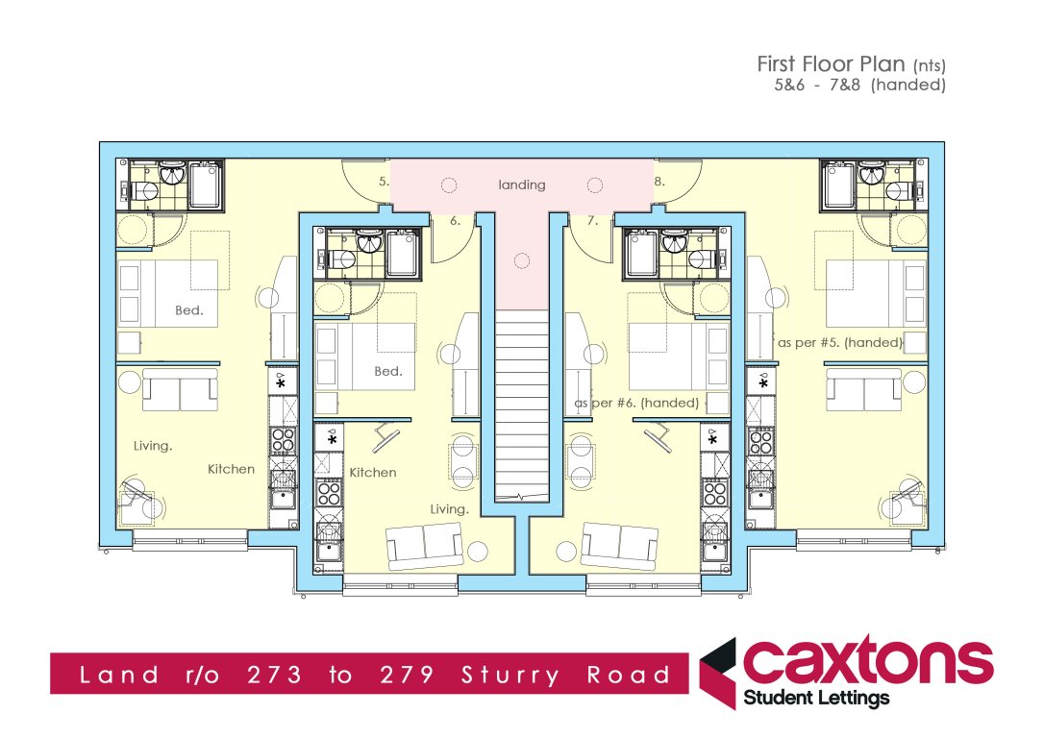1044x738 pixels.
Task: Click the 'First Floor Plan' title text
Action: [x=831, y=64]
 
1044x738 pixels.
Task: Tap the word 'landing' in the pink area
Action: [x=522, y=184]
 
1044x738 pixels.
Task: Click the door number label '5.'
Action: [x=384, y=181]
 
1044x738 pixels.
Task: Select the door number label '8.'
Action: [x=659, y=181]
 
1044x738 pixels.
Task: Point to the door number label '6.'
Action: [x=456, y=220]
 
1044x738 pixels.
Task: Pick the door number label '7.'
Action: [x=592, y=220]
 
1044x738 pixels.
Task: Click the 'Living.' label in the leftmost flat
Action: [x=153, y=445]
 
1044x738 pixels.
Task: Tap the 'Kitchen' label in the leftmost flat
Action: [x=232, y=469]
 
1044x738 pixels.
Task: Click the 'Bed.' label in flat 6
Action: [x=388, y=371]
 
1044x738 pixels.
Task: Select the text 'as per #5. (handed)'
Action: [x=839, y=342]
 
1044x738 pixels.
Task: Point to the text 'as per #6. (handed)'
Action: [x=636, y=403]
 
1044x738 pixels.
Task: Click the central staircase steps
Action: [x=522, y=404]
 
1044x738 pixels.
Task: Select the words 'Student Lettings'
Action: [x=817, y=699]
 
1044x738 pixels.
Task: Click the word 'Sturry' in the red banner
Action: [x=510, y=676]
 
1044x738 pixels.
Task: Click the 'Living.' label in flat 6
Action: [x=450, y=509]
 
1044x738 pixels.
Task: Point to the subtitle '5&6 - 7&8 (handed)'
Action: [x=860, y=86]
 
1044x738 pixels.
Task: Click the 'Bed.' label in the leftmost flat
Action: [x=189, y=310]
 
